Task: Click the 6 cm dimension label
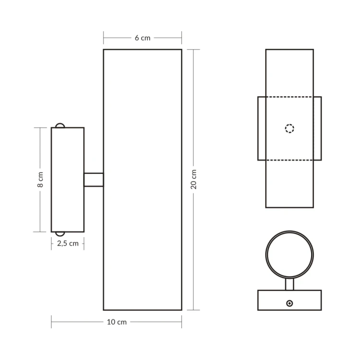click(142, 38)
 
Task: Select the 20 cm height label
click(193, 180)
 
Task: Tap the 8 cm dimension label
click(40, 180)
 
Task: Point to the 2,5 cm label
click(68, 243)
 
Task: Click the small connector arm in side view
click(94, 180)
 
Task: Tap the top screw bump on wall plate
click(60, 125)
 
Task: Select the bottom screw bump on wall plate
click(60, 234)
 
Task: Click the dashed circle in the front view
click(289, 128)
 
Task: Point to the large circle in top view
click(289, 254)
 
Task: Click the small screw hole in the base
click(289, 303)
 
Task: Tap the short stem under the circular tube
click(289, 284)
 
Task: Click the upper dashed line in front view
click(289, 97)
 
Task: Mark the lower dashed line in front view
click(289, 160)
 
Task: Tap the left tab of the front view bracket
click(262, 128)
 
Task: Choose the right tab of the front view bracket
click(317, 128)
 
